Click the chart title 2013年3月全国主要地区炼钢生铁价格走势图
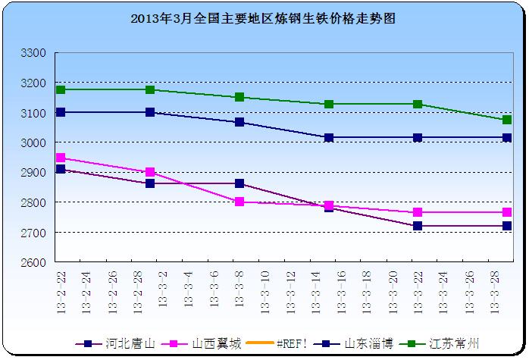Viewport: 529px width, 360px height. pos(264,17)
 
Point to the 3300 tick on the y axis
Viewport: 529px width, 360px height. pos(36,53)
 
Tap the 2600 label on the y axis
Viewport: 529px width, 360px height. pos(36,262)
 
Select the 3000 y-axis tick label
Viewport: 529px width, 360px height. pos(36,142)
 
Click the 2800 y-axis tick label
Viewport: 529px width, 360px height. pos(36,202)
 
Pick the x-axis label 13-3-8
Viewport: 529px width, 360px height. pos(239,296)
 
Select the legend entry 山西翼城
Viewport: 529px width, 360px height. pos(209,343)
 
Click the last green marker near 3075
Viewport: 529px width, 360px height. pos(507,120)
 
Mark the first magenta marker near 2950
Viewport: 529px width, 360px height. pos(61,158)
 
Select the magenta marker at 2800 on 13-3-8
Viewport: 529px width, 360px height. pos(239,202)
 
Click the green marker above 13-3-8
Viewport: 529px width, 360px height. pos(239,97)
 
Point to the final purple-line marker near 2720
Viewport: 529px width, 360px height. pos(507,226)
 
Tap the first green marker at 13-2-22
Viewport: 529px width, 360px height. pos(61,89)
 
